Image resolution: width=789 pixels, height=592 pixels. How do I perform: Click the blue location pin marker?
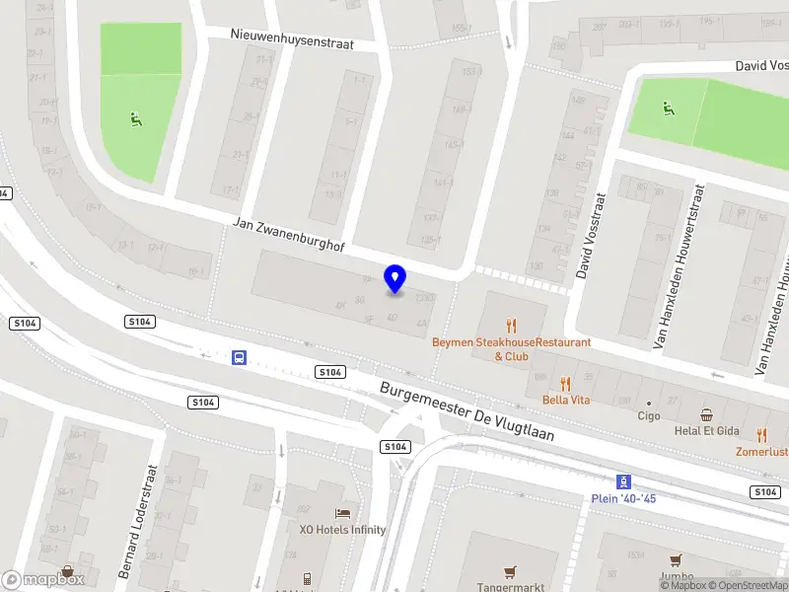394,279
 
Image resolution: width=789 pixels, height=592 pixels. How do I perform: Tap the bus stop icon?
240,357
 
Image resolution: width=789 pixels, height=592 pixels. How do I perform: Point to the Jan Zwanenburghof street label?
288,235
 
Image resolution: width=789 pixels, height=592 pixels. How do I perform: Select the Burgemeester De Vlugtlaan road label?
467,412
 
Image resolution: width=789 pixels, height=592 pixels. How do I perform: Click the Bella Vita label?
565,400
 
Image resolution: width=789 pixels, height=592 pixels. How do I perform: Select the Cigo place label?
649,415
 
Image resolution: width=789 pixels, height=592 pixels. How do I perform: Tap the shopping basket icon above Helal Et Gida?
706,415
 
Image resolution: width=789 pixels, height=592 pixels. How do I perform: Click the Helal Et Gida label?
706,432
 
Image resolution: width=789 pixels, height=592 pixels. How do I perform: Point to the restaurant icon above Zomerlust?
761,434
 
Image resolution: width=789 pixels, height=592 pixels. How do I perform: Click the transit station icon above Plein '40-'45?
623,481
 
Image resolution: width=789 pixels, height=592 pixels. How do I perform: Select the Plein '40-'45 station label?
623,498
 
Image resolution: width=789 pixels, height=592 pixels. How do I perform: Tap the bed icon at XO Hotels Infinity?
342,513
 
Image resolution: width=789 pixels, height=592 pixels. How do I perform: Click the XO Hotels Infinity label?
342,530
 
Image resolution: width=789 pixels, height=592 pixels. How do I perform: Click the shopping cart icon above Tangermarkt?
510,570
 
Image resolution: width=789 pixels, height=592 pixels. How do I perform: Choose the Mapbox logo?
43,580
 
